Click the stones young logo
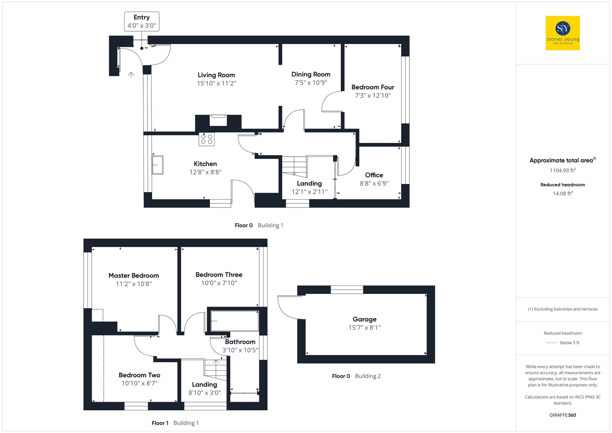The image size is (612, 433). coord(562,33)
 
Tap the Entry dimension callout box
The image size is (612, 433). coord(141,21)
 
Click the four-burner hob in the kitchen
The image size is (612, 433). coord(207,139)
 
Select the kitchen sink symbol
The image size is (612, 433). coord(158,165)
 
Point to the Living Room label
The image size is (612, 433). coord(216,75)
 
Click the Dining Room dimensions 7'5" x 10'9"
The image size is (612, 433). coord(311,83)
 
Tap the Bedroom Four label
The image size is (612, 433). coord(372,87)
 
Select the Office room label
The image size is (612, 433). coord(374,175)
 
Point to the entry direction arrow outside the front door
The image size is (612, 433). coord(131,75)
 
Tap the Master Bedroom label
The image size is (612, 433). coord(133,275)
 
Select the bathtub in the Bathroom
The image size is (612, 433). coord(234,321)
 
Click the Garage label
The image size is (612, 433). coord(364,319)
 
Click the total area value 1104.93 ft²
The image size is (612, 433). coord(562,170)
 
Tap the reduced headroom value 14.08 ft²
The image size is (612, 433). coord(562,193)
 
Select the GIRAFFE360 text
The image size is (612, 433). coord(562,415)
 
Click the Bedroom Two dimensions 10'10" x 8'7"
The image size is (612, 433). coord(139,383)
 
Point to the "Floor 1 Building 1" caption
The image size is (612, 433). coord(175,423)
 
